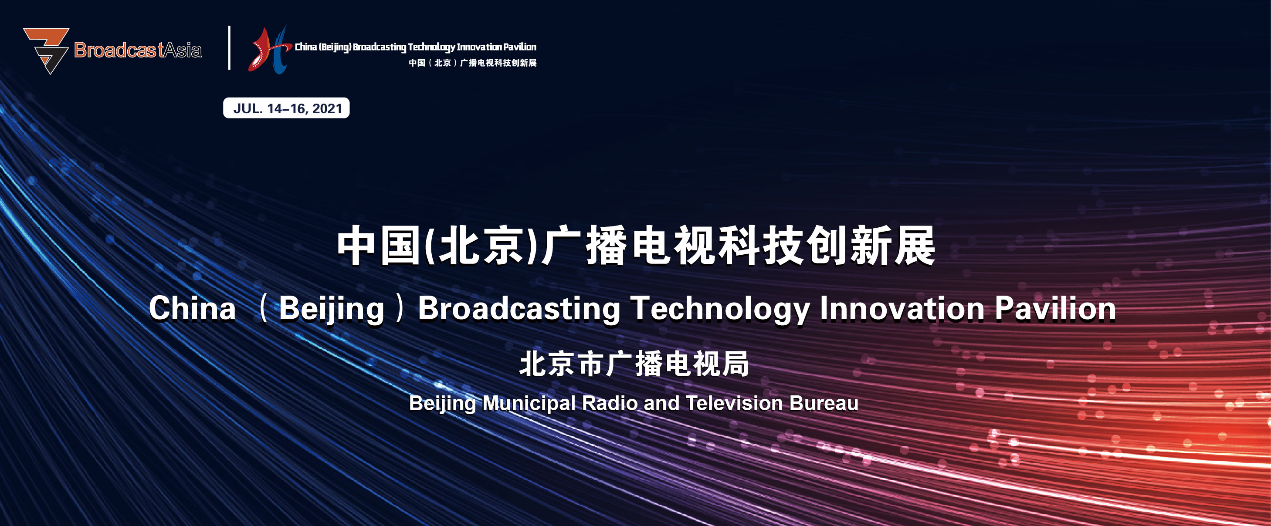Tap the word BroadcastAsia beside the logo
click(x=138, y=50)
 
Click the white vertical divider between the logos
click(x=230, y=48)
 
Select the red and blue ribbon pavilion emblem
click(x=269, y=50)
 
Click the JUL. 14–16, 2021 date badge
click(x=286, y=108)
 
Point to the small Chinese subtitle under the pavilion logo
click(x=473, y=63)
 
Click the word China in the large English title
click(x=193, y=309)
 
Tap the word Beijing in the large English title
click(x=332, y=310)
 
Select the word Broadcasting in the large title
click(x=519, y=310)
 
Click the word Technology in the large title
click(x=720, y=310)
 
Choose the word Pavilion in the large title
click(x=1055, y=309)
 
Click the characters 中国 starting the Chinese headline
click(x=379, y=245)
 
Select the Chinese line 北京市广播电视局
click(x=634, y=364)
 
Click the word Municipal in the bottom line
click(x=529, y=404)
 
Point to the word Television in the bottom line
click(x=734, y=403)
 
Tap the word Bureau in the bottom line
click(x=824, y=403)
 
